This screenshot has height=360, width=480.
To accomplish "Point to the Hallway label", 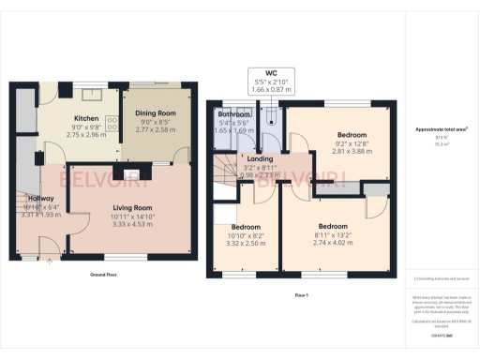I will (x=40, y=199).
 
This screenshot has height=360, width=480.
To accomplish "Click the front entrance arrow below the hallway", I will (x=49, y=262).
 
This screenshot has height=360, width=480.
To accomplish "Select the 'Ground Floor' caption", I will (x=101, y=277).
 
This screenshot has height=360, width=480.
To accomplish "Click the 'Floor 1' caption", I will (x=301, y=294).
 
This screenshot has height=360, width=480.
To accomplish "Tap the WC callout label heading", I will (x=270, y=74).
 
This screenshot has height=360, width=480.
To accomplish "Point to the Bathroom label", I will (x=233, y=114).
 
